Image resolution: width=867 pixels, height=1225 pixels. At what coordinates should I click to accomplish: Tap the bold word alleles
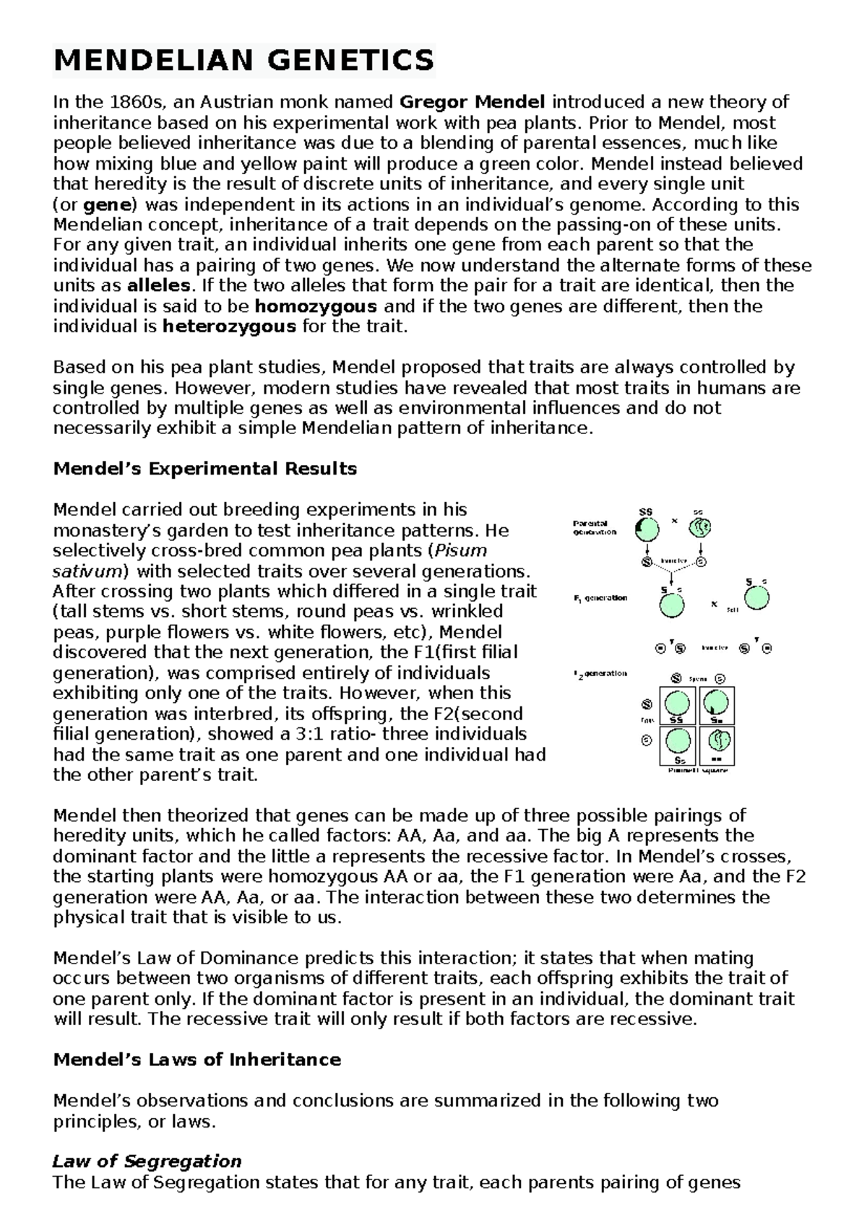(160, 285)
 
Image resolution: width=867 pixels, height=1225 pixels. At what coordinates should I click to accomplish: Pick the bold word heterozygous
(229, 326)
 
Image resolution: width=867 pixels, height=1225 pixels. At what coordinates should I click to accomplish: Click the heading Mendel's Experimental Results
(205, 469)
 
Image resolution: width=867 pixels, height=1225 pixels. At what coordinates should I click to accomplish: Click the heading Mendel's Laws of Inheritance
(197, 1060)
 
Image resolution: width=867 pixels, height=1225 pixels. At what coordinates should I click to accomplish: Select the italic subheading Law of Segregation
(147, 1161)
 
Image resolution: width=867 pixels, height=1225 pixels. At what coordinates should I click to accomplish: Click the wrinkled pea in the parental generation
(699, 529)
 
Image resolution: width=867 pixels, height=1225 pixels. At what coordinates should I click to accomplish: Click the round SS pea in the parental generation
(648, 530)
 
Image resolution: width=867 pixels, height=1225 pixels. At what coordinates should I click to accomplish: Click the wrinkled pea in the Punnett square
(719, 740)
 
